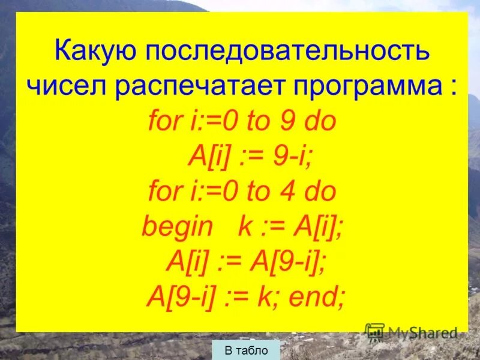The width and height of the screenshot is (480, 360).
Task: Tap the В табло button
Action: tap(246, 350)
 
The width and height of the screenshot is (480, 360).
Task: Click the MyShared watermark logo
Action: tap(412, 332)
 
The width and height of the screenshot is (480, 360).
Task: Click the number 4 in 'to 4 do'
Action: tap(287, 192)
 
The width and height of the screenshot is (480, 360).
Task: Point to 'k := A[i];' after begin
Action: tap(290, 227)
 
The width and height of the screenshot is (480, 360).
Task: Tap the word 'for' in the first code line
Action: tap(164, 122)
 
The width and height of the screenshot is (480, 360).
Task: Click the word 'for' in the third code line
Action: tap(164, 192)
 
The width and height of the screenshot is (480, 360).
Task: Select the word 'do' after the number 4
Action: tap(319, 192)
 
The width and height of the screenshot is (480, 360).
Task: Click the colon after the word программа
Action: tap(451, 88)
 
